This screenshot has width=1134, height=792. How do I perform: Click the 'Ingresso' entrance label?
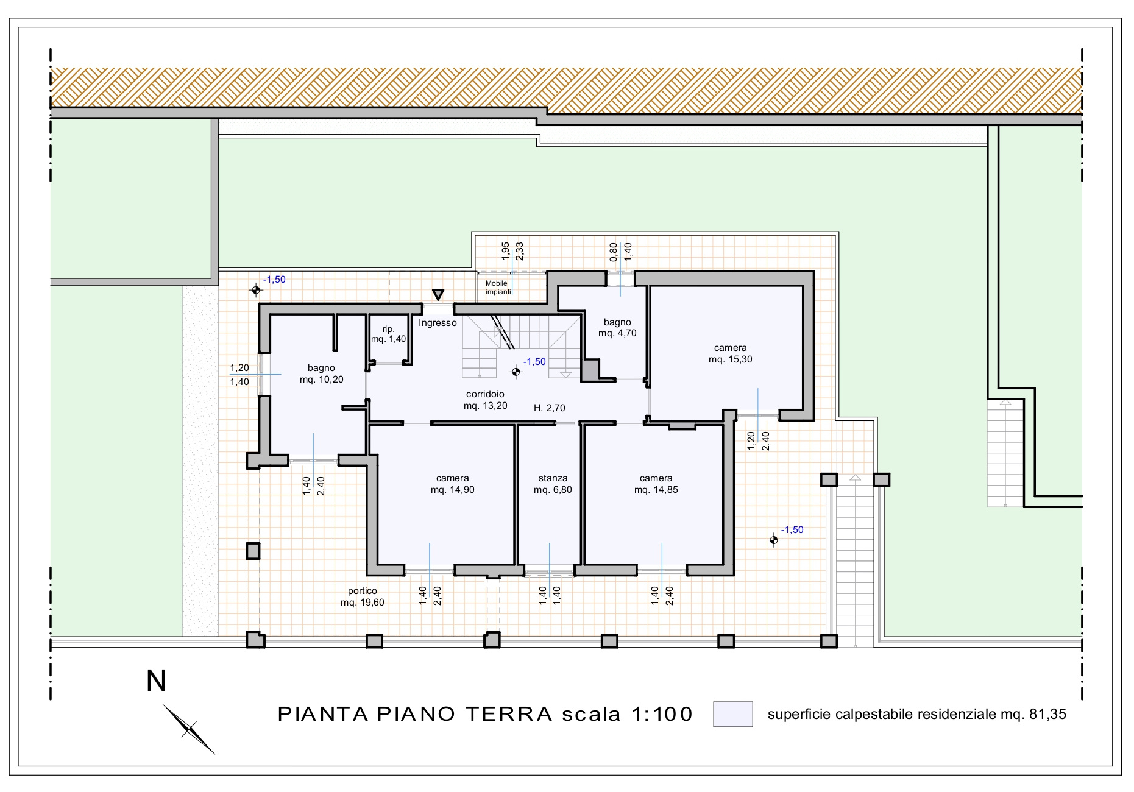438,323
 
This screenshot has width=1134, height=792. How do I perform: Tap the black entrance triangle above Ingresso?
438,294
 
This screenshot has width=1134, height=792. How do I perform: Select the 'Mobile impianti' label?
497,288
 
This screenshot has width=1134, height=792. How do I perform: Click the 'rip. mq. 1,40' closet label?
389,334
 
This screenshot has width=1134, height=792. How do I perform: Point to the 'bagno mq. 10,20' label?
321,373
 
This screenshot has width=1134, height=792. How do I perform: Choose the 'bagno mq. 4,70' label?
617,328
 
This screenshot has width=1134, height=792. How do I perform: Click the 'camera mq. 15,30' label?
730,354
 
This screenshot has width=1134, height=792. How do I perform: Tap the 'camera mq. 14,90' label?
452,484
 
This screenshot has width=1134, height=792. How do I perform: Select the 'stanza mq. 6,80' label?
553,484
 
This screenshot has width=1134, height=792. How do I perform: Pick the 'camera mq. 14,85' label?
656,484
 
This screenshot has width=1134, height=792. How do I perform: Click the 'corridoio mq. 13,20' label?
485,400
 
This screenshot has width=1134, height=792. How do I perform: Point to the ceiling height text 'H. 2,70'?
550,408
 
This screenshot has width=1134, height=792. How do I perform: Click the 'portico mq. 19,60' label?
363,597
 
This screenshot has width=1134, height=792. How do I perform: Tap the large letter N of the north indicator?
157,681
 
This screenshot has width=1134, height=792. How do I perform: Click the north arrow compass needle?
189,729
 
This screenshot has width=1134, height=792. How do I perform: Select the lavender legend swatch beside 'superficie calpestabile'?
732,715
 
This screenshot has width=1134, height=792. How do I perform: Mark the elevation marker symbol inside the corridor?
516,372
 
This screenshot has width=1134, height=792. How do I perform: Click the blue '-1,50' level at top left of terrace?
274,280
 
